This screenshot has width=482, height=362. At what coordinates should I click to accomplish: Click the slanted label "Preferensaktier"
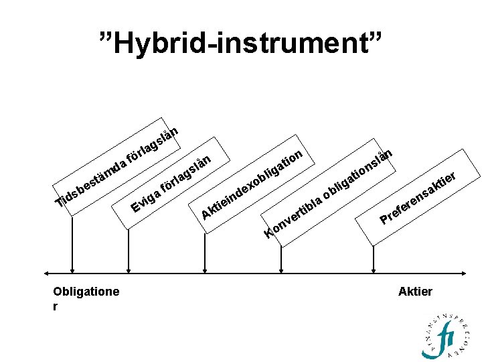point(418,198)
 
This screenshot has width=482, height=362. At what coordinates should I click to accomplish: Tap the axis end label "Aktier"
point(415,292)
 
